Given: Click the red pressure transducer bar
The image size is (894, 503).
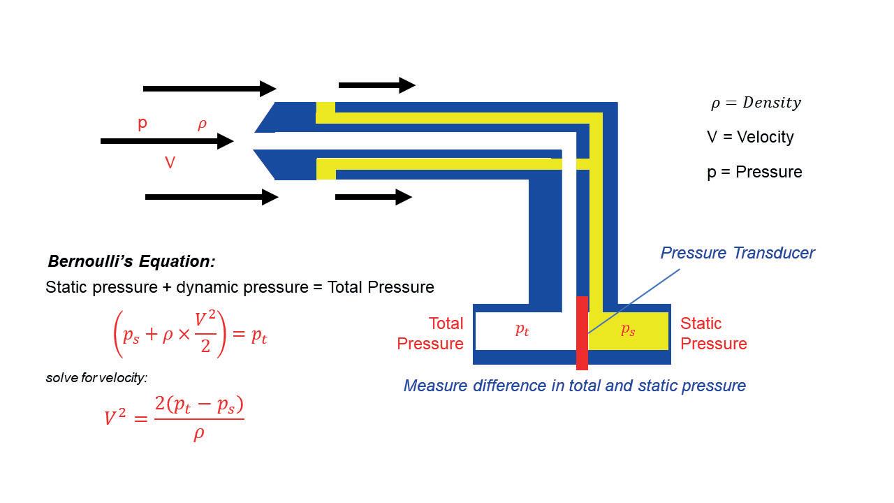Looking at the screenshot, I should [582, 333].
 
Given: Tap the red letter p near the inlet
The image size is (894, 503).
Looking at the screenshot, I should [142, 124].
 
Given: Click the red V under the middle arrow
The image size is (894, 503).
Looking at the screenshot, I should [170, 163].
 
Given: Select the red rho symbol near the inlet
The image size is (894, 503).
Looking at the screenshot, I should [202, 124].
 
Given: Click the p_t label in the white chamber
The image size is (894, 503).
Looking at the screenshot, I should [522, 330].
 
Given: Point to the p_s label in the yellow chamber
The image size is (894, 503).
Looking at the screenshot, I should [628, 330].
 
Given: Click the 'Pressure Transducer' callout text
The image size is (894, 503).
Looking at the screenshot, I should [737, 253].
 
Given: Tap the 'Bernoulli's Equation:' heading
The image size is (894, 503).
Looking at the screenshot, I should [131, 262].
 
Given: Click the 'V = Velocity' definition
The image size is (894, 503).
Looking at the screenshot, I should [750, 137].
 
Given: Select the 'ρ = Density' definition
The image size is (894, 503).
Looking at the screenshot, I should [756, 103].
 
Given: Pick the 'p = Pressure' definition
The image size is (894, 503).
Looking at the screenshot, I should [754, 172].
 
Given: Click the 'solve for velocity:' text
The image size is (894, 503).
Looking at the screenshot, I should [96, 378].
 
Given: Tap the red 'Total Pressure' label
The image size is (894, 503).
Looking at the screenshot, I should [430, 333].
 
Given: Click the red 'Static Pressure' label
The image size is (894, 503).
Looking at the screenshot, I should [713, 333].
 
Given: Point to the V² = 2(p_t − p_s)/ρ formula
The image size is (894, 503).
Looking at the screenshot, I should [174, 418].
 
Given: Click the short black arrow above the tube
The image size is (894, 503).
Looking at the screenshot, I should [376, 85].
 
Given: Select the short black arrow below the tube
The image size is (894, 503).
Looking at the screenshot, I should [374, 197].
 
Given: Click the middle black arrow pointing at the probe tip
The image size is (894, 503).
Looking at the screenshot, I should [167, 141].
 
